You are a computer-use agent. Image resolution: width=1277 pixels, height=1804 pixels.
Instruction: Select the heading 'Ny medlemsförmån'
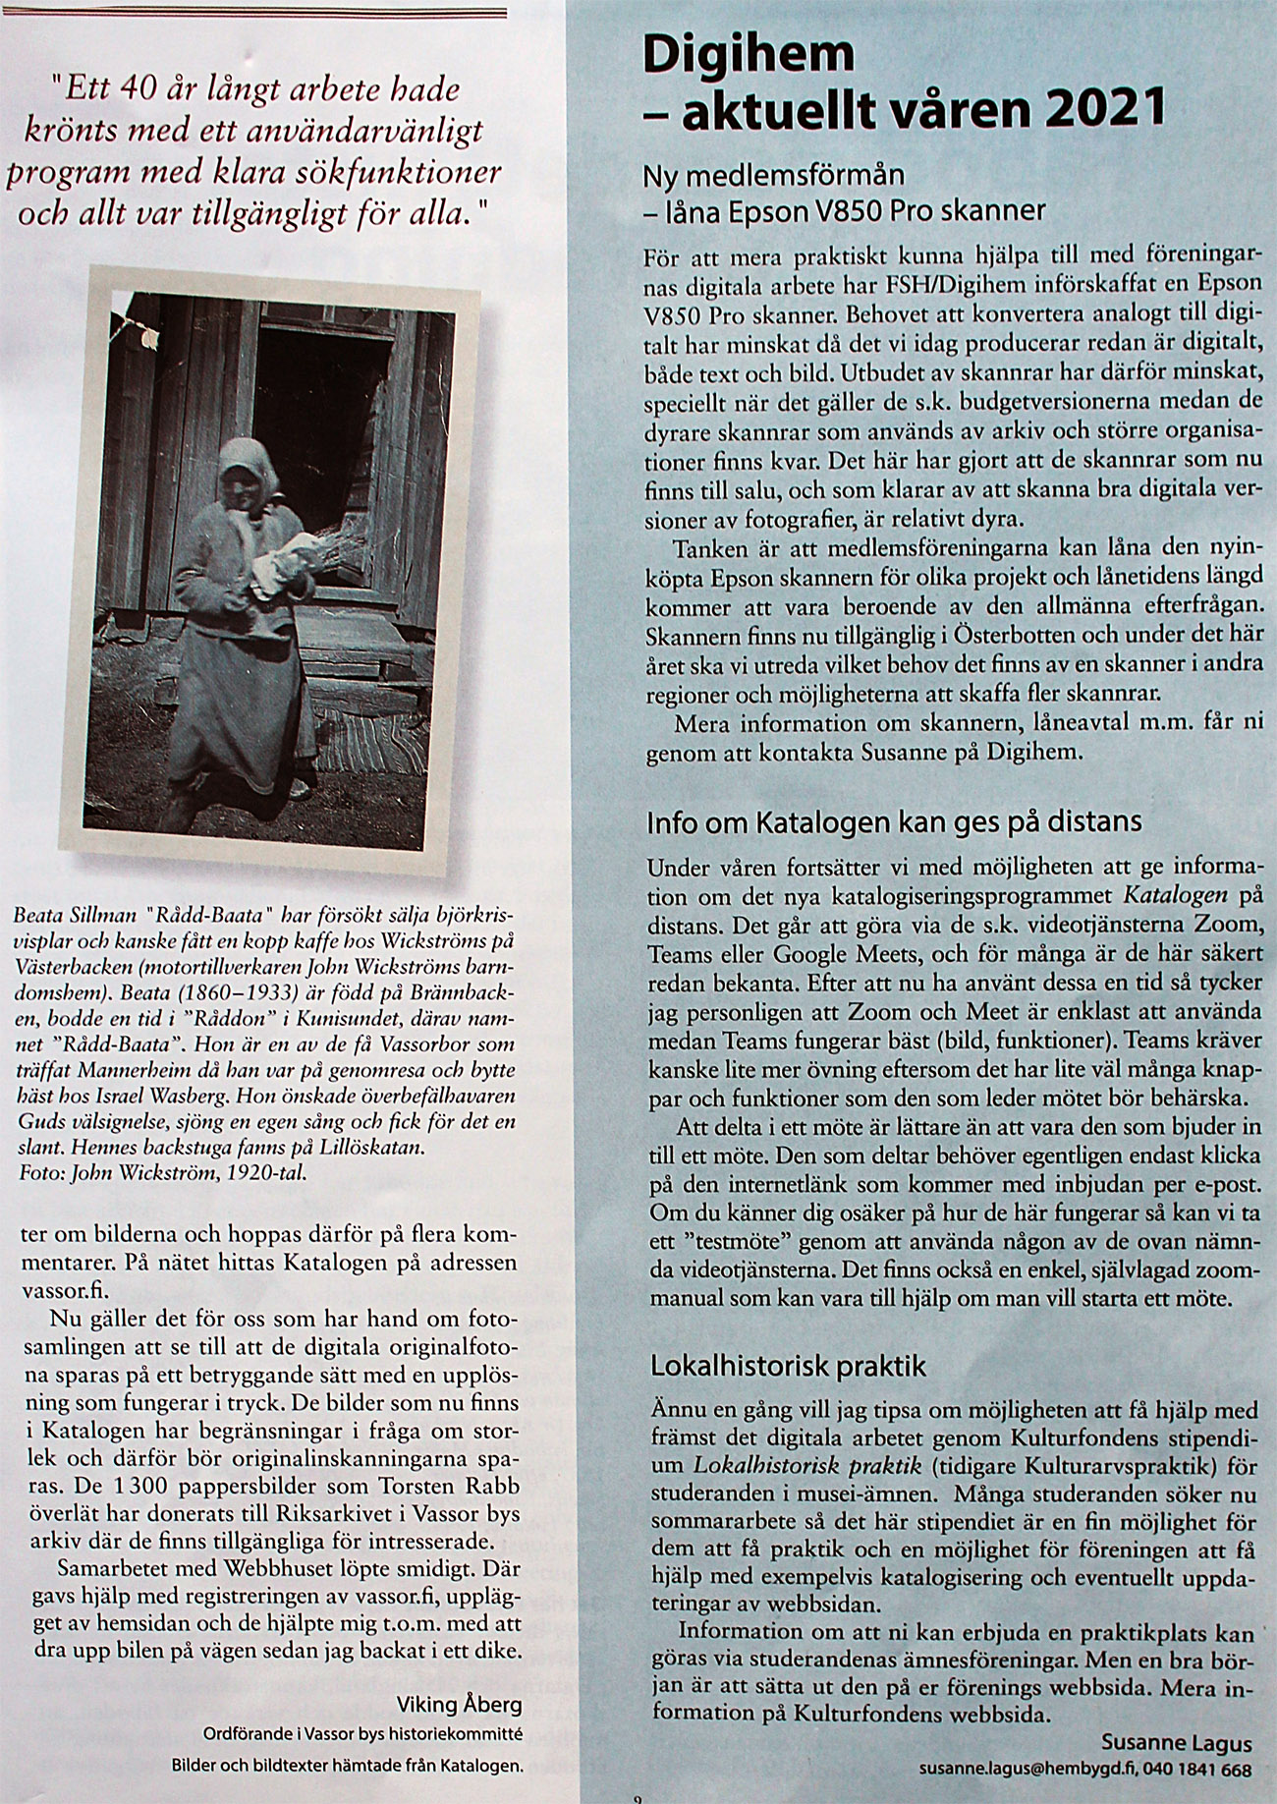point(773,177)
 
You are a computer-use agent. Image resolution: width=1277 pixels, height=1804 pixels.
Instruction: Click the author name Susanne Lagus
point(1177,1744)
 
